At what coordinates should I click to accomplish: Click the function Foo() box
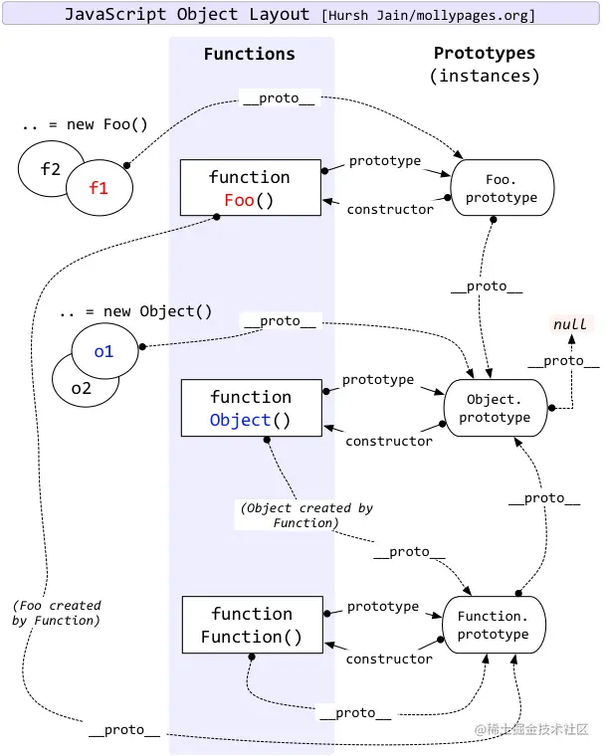point(250,188)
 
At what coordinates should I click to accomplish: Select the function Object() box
point(250,408)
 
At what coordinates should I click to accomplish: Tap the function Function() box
point(251,626)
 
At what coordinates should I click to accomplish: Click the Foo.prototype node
point(502,189)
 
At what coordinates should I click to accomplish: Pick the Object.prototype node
point(495,408)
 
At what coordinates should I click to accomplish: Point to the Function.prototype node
point(494,625)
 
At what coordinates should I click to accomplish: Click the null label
point(570,324)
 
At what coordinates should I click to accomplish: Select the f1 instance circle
point(98,187)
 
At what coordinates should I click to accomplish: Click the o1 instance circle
point(104,351)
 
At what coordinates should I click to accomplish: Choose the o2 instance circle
point(80,387)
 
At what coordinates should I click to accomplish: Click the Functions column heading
point(249,55)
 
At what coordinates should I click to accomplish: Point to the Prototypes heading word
point(485,54)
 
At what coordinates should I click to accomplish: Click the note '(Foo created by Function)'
point(57,613)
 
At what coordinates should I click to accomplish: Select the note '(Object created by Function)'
point(305,515)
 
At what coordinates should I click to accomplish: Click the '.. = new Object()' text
point(134,311)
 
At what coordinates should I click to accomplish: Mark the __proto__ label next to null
point(563,361)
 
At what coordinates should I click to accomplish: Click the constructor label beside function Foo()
point(389,209)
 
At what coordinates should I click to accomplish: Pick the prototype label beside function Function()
point(383,606)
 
